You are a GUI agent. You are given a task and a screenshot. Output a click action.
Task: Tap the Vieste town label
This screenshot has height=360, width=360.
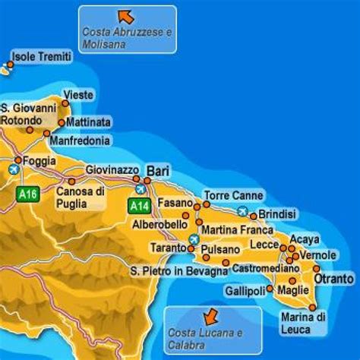(x=79, y=94)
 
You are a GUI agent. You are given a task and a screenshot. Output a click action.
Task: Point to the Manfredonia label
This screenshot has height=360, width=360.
(x=80, y=141)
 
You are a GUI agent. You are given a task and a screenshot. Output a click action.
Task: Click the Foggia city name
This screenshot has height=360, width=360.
(x=40, y=161)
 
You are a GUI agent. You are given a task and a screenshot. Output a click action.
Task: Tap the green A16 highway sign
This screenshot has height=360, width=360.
(x=28, y=194)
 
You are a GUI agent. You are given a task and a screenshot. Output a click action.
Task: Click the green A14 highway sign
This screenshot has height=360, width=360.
(x=138, y=206)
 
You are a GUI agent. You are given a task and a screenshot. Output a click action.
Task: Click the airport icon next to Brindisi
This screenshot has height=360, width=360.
(x=242, y=211)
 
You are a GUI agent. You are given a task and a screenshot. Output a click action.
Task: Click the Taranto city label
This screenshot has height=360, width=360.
(x=166, y=248)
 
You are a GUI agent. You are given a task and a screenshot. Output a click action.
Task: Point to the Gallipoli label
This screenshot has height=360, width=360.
(x=245, y=291)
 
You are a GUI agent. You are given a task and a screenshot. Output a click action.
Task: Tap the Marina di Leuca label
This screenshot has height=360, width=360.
(x=303, y=321)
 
